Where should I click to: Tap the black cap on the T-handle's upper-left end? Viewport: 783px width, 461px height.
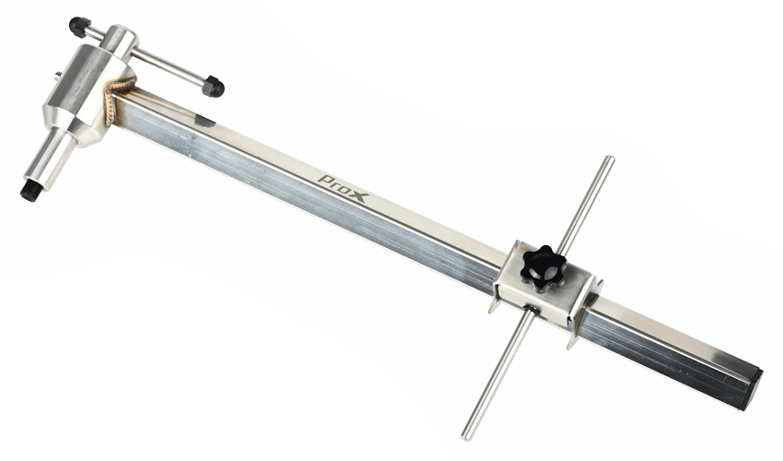click(x=79, y=27)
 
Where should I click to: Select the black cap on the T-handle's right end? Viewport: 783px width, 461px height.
click(x=213, y=87)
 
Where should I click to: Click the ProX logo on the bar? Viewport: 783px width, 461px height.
click(x=344, y=187)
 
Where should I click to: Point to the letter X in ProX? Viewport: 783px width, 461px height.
click(x=359, y=195)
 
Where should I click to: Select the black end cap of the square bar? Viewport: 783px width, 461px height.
click(x=753, y=389)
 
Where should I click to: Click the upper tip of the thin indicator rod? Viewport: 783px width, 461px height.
click(x=609, y=160)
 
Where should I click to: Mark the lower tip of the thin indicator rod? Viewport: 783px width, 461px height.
click(x=466, y=437)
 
